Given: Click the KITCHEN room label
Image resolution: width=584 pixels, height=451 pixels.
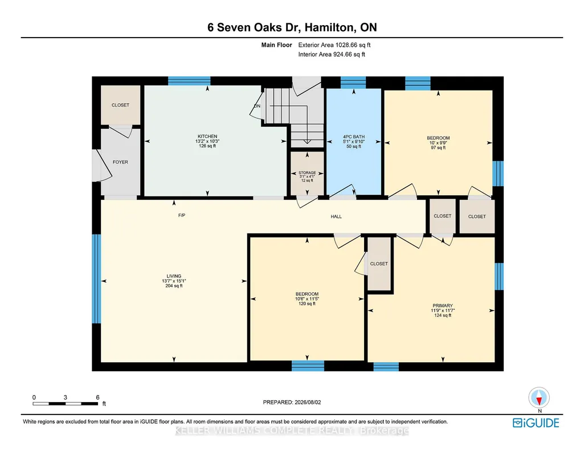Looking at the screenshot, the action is [x=207, y=136].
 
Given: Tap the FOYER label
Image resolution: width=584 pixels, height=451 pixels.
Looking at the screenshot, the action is [x=120, y=162].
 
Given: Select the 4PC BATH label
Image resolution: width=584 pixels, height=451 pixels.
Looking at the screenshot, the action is [x=354, y=137].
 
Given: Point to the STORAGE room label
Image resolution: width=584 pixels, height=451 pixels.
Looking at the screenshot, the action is [x=307, y=173].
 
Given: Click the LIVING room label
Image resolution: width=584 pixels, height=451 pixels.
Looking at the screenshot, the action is [x=174, y=276].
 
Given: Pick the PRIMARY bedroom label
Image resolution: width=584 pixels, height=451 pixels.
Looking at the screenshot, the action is [x=443, y=305].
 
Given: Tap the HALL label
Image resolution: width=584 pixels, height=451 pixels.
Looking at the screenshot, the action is [x=336, y=216].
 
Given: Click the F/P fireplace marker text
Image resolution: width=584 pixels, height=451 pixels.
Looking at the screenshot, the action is [x=182, y=215].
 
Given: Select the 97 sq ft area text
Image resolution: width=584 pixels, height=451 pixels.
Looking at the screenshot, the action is [x=438, y=147].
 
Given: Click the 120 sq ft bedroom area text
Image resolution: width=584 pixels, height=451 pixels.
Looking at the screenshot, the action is [x=307, y=304].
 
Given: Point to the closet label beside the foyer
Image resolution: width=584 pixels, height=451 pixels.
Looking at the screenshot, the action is [x=120, y=105].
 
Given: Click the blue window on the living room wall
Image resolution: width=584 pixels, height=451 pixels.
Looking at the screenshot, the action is [x=96, y=278].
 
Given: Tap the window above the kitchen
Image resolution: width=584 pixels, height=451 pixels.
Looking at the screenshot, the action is [x=189, y=81].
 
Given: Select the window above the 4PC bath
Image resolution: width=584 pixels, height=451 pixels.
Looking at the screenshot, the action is [x=353, y=82].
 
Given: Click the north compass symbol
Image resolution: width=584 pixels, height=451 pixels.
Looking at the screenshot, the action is [x=539, y=397].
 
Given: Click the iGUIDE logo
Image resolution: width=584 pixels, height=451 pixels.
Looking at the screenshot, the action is [x=536, y=423].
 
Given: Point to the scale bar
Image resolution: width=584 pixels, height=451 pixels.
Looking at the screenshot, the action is [x=65, y=403].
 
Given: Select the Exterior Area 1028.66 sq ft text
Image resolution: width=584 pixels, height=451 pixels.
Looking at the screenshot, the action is [x=334, y=45].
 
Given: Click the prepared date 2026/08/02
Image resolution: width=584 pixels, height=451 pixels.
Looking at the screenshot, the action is [x=308, y=402].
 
